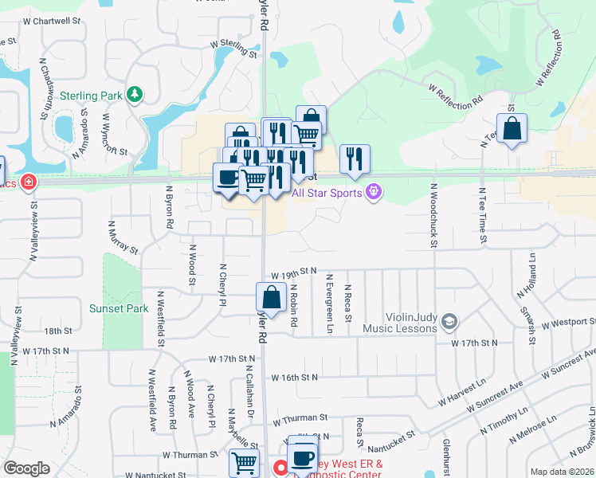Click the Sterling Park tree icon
(x=135, y=95)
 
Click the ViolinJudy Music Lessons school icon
(x=449, y=321)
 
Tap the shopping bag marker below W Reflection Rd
(x=512, y=129)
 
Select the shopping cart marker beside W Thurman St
(x=244, y=463)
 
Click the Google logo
(x=26, y=468)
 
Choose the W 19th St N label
(x=294, y=272)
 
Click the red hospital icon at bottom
(x=280, y=468)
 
